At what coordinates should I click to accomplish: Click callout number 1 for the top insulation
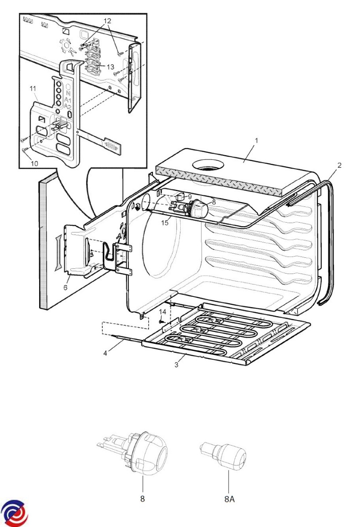[256, 141]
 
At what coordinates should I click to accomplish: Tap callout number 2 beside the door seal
[339, 166]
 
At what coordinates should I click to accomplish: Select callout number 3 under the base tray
[176, 365]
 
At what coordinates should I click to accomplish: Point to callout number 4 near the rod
[105, 353]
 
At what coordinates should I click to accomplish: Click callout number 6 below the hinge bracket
[65, 287]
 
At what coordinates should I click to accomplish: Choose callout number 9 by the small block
[190, 197]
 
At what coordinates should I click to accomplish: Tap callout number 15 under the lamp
[165, 223]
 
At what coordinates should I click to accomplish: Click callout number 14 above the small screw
[163, 312]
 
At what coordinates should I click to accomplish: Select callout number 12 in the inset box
[107, 21]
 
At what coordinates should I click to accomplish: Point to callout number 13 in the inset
[110, 67]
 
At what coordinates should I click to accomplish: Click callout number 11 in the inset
[33, 89]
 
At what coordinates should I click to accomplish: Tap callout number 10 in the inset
[34, 163]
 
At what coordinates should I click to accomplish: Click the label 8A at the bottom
[229, 499]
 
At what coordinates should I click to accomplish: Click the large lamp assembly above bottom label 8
[134, 453]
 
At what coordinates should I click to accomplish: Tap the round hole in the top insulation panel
[207, 166]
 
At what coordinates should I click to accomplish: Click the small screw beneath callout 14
[161, 321]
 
